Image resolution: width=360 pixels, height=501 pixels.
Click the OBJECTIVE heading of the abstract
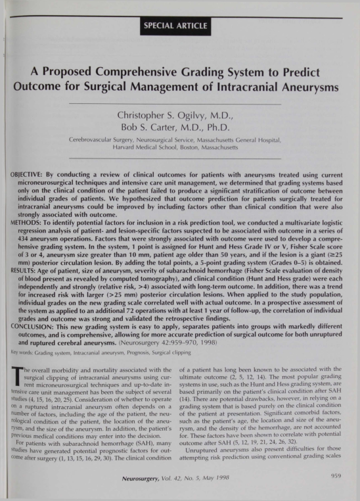pos(28,169)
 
